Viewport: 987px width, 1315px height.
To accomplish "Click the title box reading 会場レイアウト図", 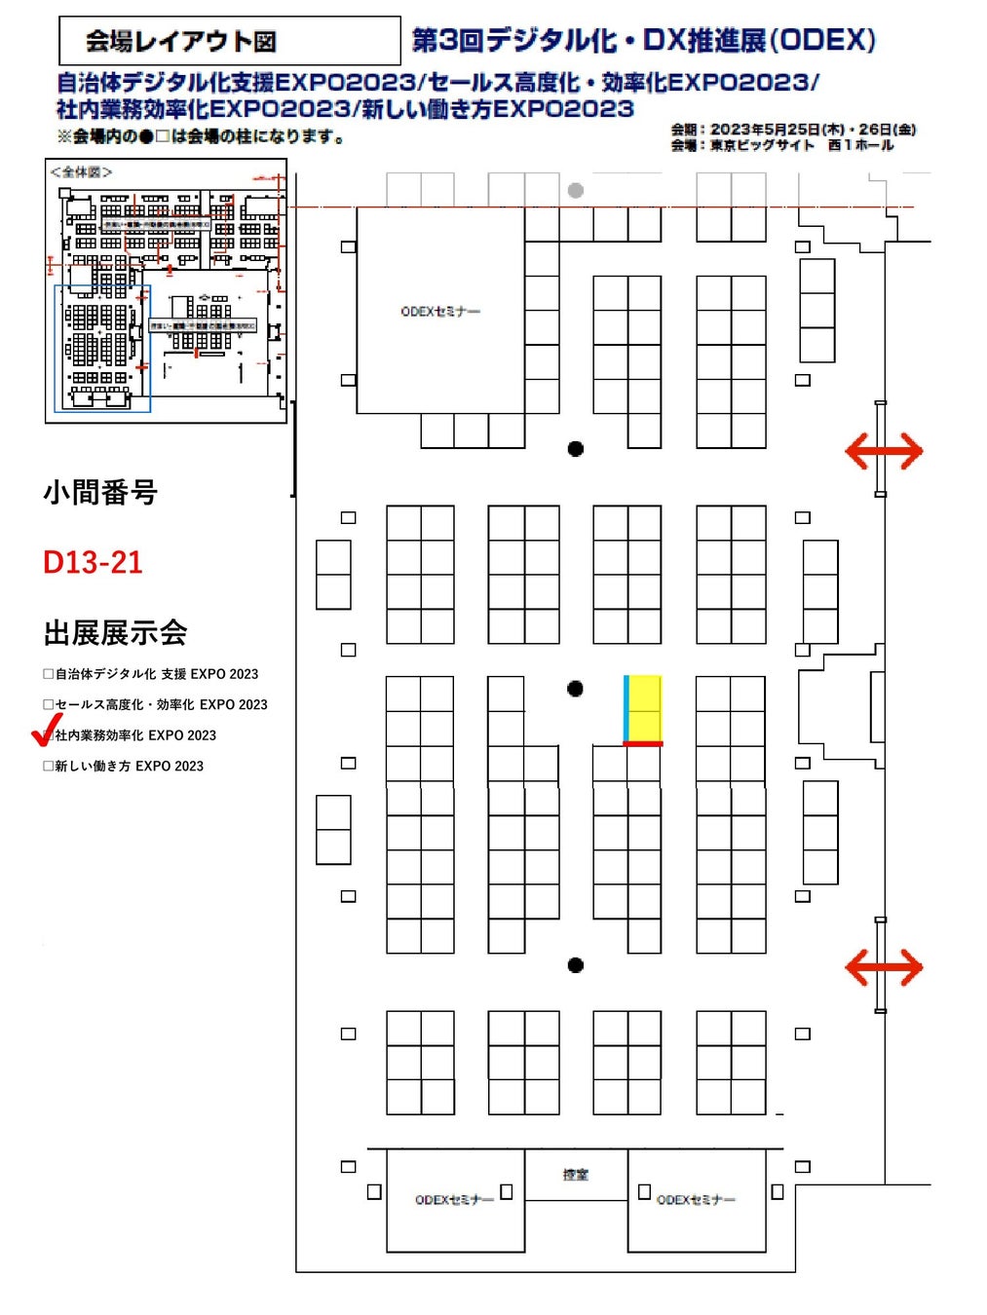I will pyautogui.click(x=229, y=41).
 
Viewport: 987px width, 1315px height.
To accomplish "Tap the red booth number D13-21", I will pyautogui.click(x=93, y=562).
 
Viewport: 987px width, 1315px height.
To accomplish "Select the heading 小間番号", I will pyautogui.click(x=99, y=493).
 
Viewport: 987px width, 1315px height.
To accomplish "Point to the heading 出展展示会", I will pyautogui.click(x=115, y=633).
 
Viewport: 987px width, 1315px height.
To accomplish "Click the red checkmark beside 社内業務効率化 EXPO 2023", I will pyautogui.click(x=46, y=730).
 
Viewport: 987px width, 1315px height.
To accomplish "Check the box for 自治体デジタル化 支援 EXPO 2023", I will pyautogui.click(x=49, y=674).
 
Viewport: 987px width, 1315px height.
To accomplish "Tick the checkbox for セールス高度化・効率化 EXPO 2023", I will pyautogui.click(x=49, y=704).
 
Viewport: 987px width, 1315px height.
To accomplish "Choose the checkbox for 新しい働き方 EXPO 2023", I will pyautogui.click(x=49, y=767).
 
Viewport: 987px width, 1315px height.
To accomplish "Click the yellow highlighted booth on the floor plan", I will pyautogui.click(x=644, y=709).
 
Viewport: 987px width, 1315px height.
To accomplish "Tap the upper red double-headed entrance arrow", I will pyautogui.click(x=883, y=451).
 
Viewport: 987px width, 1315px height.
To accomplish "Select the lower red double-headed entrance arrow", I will pyautogui.click(x=883, y=967).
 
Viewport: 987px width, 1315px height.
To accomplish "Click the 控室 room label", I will pyautogui.click(x=576, y=1175).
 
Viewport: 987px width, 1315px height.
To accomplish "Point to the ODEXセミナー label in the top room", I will pyautogui.click(x=440, y=312).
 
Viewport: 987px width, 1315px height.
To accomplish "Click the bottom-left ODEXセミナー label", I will pyautogui.click(x=454, y=1200).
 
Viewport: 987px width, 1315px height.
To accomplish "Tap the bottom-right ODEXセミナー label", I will pyautogui.click(x=696, y=1200).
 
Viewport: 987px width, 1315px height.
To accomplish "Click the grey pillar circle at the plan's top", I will pyautogui.click(x=576, y=191).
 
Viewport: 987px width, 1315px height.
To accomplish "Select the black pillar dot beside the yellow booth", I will pyautogui.click(x=576, y=689).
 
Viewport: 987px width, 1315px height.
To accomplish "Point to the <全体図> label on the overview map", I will pyautogui.click(x=81, y=172).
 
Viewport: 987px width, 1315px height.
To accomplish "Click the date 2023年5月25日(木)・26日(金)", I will pyautogui.click(x=813, y=130).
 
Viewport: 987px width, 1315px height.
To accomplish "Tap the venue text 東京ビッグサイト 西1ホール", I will pyautogui.click(x=801, y=145).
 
